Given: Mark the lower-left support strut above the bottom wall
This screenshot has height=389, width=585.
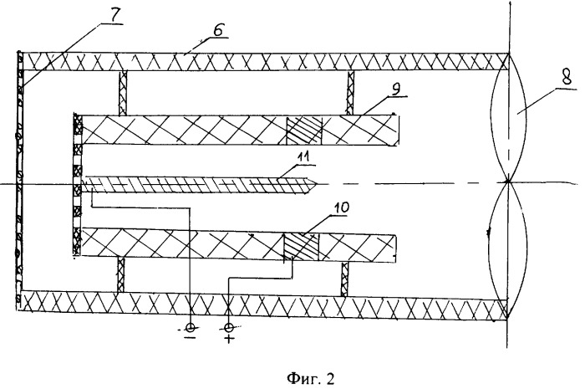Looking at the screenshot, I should point(123,274).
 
